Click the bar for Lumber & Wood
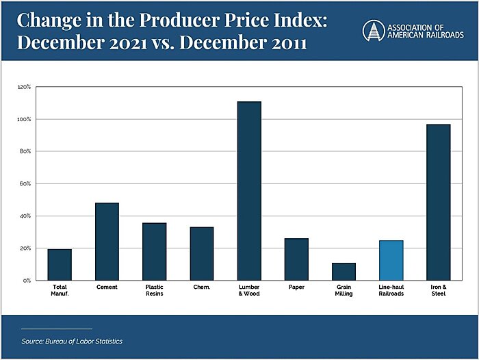click(249, 191)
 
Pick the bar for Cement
click(107, 242)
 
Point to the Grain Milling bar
click(344, 271)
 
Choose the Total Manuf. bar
click(60, 264)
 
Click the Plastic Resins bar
click(154, 251)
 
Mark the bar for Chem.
click(202, 253)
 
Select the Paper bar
click(296, 259)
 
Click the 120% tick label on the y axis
click(24, 87)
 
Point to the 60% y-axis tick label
click(25, 184)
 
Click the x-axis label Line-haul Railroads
click(391, 290)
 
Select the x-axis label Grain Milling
click(344, 290)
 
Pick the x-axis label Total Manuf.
click(60, 290)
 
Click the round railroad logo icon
click(373, 30)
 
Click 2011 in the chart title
click(284, 43)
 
